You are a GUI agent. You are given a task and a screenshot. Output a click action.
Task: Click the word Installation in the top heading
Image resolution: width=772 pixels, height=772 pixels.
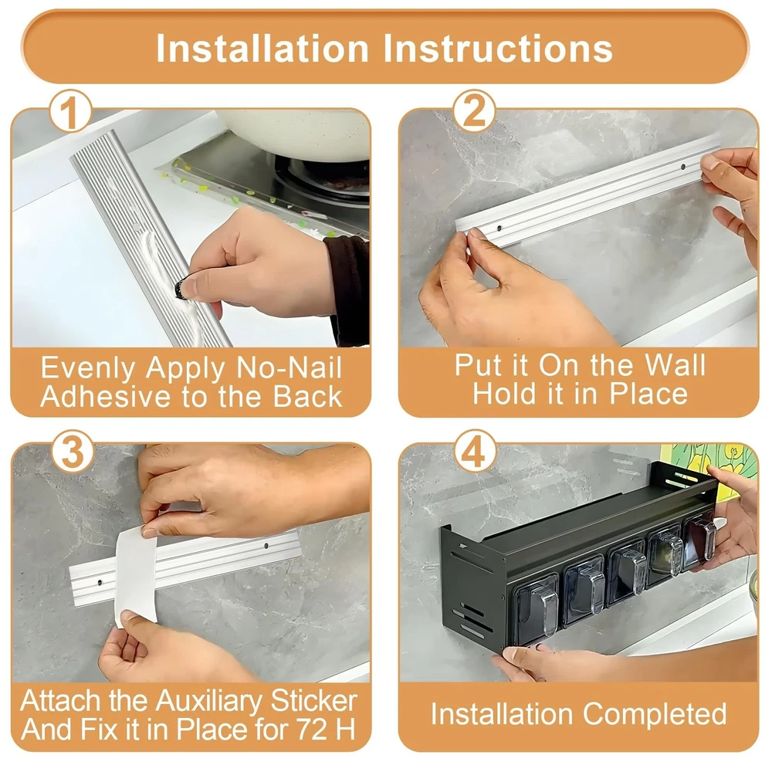[x=262, y=48]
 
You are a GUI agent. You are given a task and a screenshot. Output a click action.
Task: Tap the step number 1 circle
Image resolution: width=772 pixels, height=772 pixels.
[x=70, y=111]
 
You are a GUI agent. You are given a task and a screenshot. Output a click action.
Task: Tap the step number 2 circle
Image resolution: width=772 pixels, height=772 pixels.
[x=474, y=111]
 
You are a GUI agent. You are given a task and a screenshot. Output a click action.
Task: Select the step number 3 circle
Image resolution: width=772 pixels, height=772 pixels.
[x=72, y=452]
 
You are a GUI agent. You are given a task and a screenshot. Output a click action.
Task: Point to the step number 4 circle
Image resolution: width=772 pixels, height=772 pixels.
[x=475, y=452]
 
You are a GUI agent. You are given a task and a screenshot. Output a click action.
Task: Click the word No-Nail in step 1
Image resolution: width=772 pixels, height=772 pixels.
[x=289, y=367]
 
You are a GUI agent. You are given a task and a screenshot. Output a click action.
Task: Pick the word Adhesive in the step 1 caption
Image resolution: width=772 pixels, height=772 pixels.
[x=107, y=396]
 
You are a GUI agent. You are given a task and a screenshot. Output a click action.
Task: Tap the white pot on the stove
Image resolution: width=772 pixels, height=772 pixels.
[x=296, y=134]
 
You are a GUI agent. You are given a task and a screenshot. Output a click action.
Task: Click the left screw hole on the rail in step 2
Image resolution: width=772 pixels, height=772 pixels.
[x=499, y=229]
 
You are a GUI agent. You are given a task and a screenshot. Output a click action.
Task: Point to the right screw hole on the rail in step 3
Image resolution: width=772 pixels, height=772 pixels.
[x=266, y=546]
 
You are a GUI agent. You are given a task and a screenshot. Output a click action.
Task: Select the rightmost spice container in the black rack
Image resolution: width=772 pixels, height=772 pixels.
[x=701, y=539]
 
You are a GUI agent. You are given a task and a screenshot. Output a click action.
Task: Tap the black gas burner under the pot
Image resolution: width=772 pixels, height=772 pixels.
[x=323, y=178]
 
